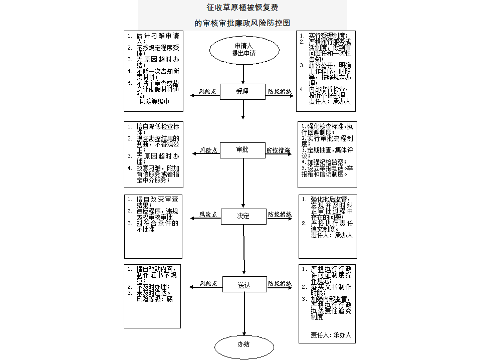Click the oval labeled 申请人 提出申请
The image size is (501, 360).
point(243,49)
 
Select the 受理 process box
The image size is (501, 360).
point(242,92)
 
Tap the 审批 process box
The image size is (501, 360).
point(242,150)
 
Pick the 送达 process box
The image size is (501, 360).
point(243,285)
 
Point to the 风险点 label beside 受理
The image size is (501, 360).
point(208,92)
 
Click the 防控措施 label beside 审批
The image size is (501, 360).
point(279,150)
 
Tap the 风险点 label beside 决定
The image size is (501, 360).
point(208,214)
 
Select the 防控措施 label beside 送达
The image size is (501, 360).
point(280,284)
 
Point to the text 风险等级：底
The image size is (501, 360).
point(154,299)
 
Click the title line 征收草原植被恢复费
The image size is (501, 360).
point(243,8)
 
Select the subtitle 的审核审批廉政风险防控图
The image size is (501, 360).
point(243,23)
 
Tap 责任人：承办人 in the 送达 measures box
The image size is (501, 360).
point(331,334)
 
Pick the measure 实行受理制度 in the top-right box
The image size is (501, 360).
point(328,36)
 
